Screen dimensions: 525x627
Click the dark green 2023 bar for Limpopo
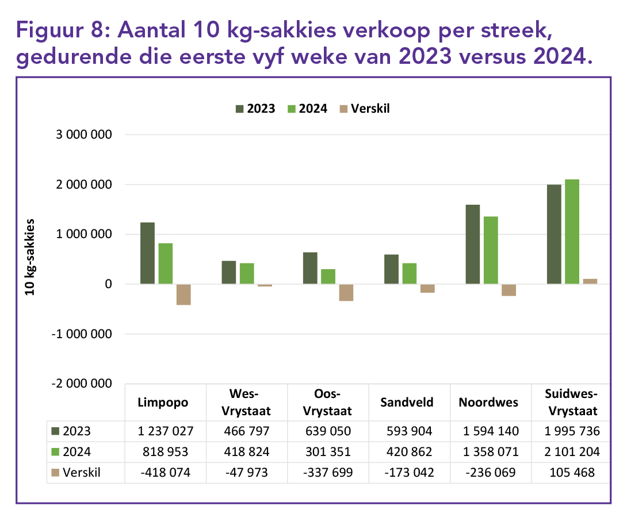coord(147,253)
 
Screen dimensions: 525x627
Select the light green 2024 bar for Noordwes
coord(491,250)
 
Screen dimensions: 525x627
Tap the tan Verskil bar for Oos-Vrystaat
coord(346,293)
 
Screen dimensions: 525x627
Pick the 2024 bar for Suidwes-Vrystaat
coord(572,232)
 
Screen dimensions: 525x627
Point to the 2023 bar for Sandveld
coord(392,269)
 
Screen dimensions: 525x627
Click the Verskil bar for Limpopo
coord(183,294)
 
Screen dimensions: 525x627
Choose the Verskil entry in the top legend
coord(365,108)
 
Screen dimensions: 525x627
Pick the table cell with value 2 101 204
coord(572,452)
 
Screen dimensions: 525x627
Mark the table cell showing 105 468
coord(572,473)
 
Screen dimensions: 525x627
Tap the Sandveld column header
coord(407,402)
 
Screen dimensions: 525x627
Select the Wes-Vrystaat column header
coord(244,402)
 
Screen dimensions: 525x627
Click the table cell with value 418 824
coord(244,452)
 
